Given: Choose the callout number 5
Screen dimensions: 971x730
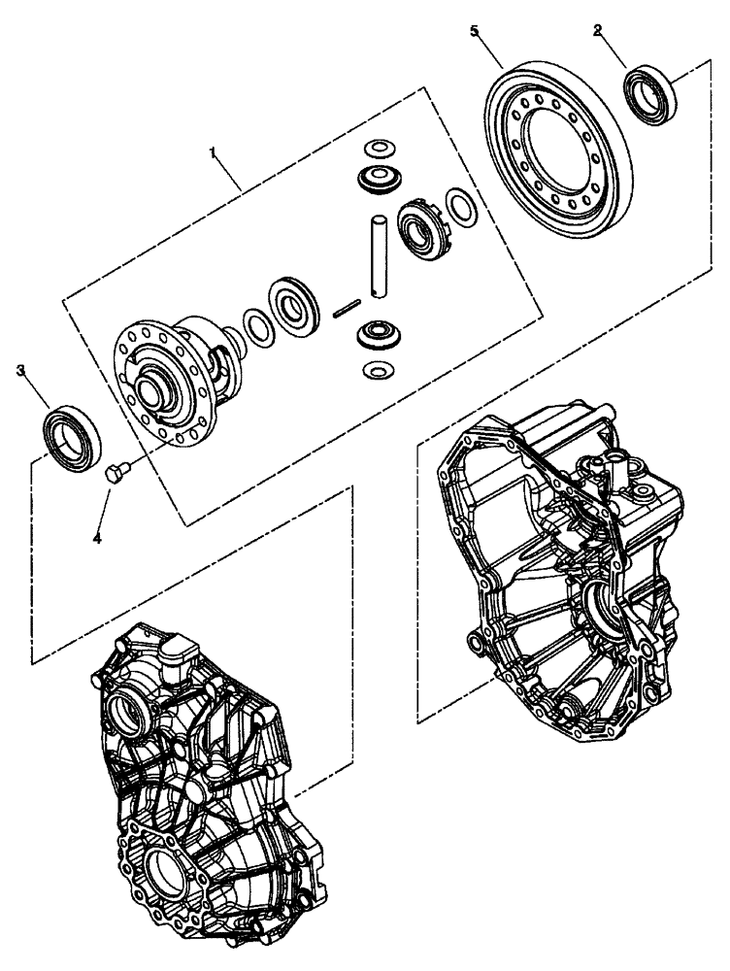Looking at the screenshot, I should pyautogui.click(x=475, y=31).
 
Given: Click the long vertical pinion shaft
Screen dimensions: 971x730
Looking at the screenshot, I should pyautogui.click(x=380, y=258).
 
